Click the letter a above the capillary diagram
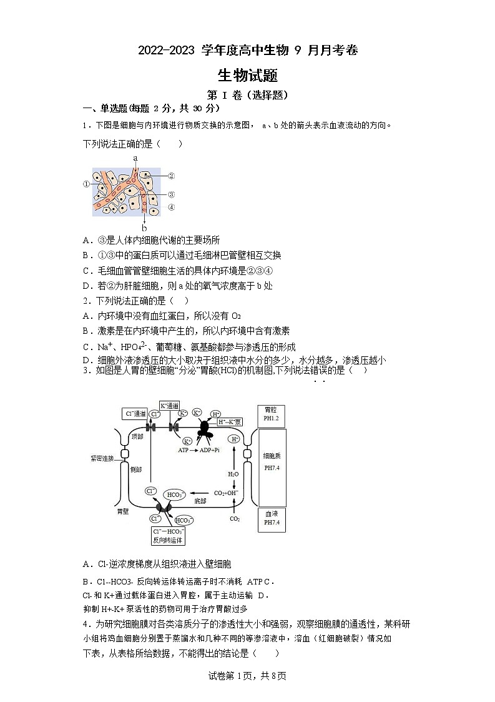click(x=135, y=159)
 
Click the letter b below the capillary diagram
click(x=144, y=228)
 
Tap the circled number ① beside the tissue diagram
click(x=86, y=184)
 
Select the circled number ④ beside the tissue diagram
click(x=171, y=208)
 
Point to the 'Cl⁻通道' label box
click(x=134, y=413)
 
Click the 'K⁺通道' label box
click(x=170, y=405)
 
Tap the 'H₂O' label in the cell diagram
click(x=233, y=474)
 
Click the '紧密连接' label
click(x=102, y=458)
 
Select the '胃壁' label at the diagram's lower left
click(x=122, y=511)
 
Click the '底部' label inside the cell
click(x=200, y=500)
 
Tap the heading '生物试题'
click(x=247, y=76)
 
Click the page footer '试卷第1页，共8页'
click(x=247, y=676)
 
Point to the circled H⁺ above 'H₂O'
click(x=235, y=439)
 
